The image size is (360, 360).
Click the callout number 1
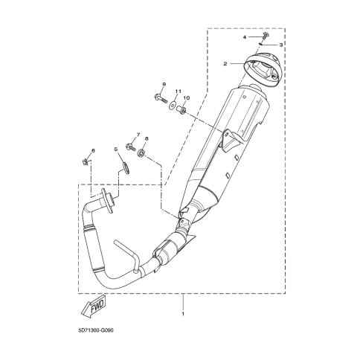(x=183, y=314)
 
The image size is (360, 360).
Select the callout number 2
(x=225, y=64)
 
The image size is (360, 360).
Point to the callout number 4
(x=245, y=37)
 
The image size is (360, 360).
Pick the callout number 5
(x=115, y=149)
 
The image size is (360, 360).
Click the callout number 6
(x=93, y=150)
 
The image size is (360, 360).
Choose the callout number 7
(x=138, y=135)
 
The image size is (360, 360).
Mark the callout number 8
(x=147, y=139)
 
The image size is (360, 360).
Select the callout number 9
(x=164, y=85)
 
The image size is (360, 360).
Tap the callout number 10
(x=186, y=98)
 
